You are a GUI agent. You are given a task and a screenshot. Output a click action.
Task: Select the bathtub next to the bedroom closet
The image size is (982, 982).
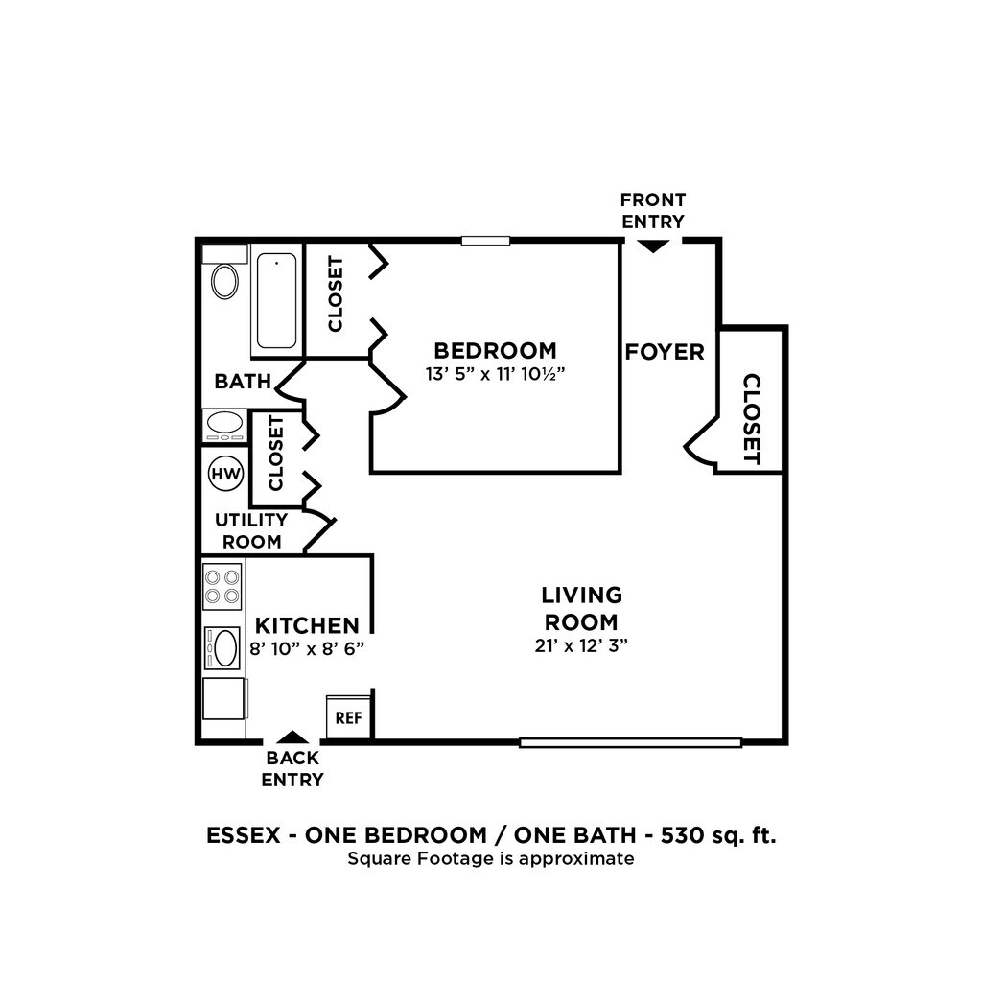277,300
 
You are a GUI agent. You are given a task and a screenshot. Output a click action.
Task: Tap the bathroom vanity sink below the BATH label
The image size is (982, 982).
225,425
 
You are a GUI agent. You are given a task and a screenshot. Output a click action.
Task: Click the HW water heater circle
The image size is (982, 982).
226,473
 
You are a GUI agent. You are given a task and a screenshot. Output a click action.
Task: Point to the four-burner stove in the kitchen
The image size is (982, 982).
222,587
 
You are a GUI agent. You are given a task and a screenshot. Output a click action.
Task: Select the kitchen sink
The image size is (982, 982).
224,647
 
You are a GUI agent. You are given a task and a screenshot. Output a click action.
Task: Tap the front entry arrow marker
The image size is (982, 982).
653,246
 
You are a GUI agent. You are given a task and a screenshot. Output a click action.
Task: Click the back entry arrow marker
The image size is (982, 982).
292,737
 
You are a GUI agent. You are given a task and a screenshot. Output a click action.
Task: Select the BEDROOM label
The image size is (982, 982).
494,350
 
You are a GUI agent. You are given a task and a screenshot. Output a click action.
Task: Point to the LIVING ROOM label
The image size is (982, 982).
581,608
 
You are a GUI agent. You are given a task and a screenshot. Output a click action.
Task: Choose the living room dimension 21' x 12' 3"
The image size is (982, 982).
581,645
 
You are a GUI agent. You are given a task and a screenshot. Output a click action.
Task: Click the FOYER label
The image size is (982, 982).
665,352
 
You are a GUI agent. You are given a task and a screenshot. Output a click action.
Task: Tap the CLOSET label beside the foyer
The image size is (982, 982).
752,419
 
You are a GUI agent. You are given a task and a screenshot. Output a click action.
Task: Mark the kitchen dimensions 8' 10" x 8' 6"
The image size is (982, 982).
306,648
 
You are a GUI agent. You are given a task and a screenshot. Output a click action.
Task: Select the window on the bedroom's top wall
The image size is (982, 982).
484,241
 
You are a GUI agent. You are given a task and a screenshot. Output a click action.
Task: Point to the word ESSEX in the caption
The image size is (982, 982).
243,834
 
